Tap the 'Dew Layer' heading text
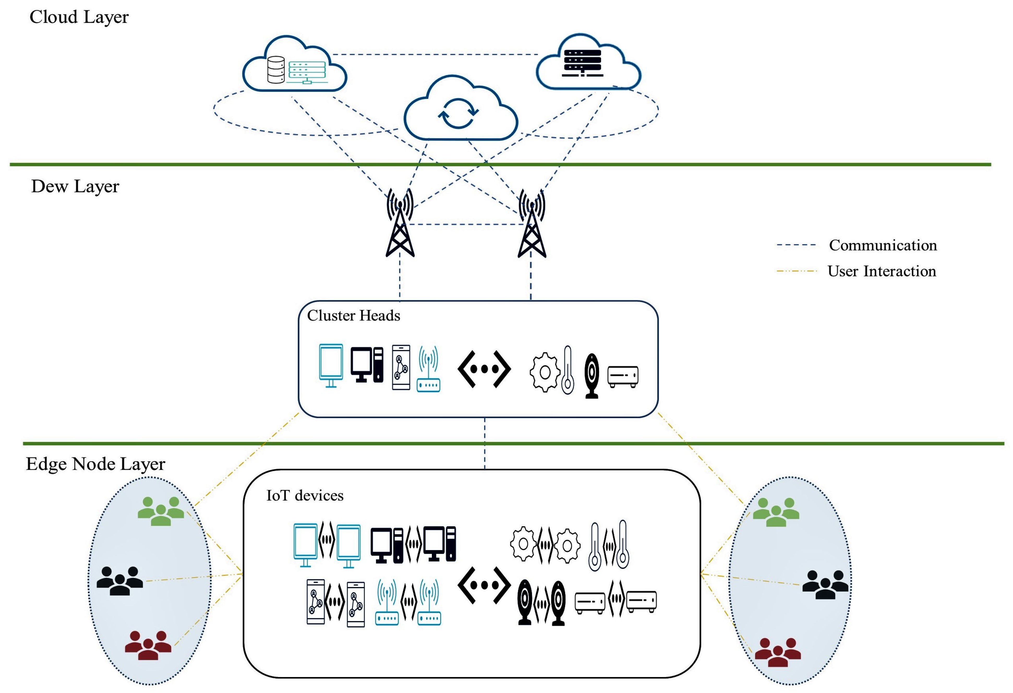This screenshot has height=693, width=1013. [x=75, y=186]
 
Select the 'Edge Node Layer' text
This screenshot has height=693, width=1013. [x=95, y=464]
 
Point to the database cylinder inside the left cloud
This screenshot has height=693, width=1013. [x=275, y=70]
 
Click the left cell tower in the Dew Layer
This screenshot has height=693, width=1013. [x=400, y=225]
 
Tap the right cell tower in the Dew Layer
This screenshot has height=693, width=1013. [x=531, y=225]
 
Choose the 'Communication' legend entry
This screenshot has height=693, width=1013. [x=882, y=245]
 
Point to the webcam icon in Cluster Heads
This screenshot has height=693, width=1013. [x=592, y=375]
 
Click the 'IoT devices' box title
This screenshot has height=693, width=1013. [x=305, y=496]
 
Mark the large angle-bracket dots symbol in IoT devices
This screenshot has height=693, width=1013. [x=484, y=585]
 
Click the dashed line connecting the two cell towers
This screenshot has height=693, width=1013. [x=466, y=225]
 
